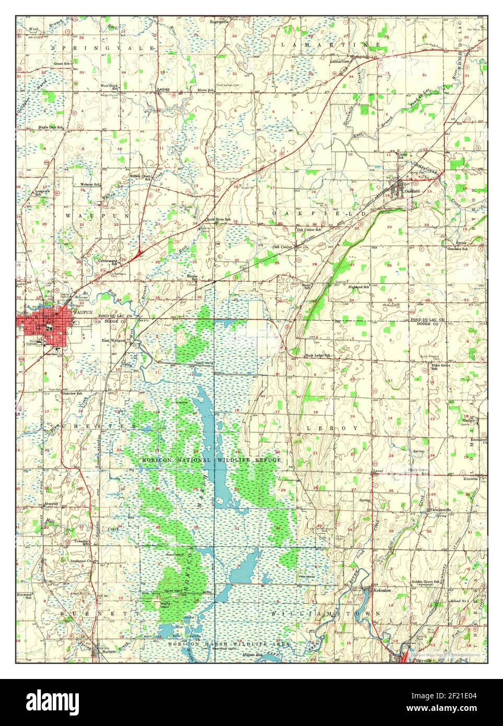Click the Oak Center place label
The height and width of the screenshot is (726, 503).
point(282,247)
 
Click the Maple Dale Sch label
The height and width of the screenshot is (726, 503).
point(50,127)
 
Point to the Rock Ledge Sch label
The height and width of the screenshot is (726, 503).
point(318,356)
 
